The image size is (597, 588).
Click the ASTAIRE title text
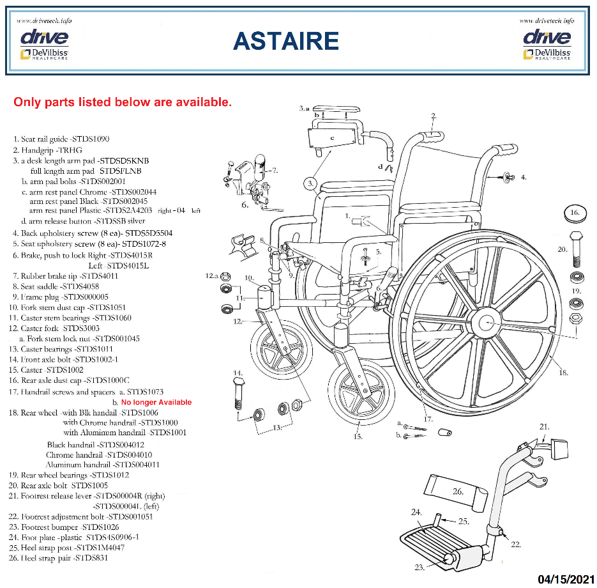click(x=285, y=41)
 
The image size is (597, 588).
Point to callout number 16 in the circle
click(x=575, y=213)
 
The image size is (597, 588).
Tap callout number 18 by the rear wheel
click(x=563, y=372)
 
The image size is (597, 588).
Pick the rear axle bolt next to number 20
click(x=575, y=248)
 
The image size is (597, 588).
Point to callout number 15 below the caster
click(x=358, y=437)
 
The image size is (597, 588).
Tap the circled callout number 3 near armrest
click(x=310, y=184)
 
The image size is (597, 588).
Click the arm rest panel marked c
click(x=332, y=137)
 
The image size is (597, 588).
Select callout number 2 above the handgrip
click(x=434, y=116)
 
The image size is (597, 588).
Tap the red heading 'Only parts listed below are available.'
click(x=123, y=102)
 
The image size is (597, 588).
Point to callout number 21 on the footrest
click(x=544, y=426)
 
